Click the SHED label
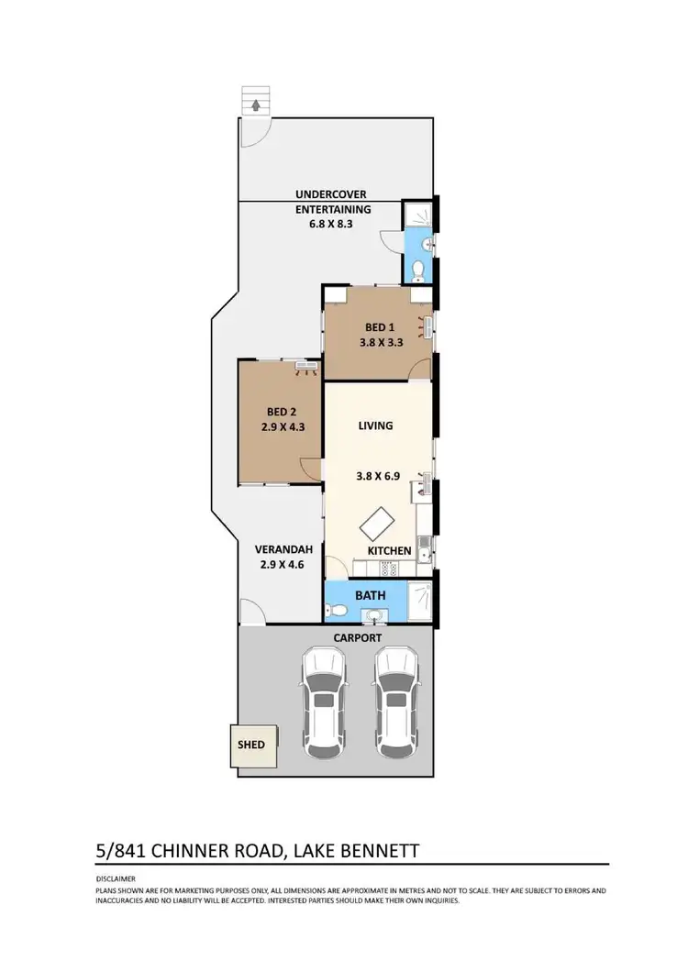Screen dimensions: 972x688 [x=250, y=745]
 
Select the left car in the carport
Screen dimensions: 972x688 [x=322, y=701]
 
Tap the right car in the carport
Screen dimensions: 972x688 [x=397, y=701]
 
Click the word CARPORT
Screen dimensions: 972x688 [x=359, y=637]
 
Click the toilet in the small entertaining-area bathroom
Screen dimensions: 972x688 [x=419, y=270]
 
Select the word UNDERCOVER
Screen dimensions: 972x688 [x=331, y=194]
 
